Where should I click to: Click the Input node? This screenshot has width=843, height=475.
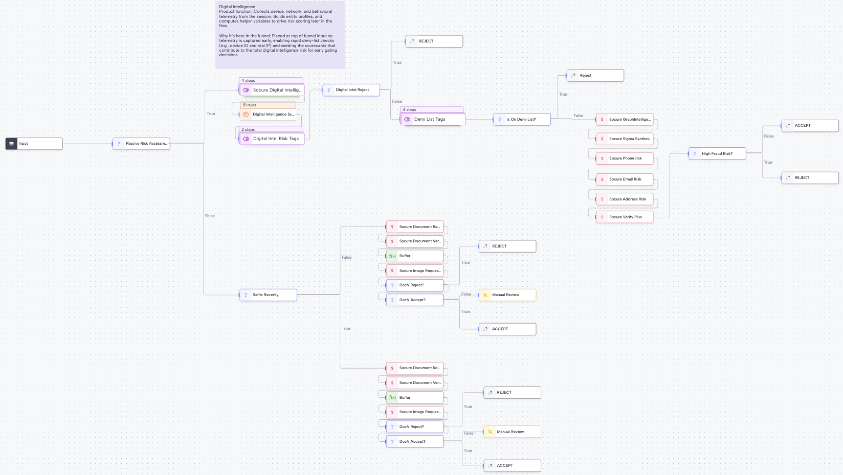click(x=34, y=144)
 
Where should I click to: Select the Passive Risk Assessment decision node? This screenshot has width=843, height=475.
click(x=142, y=144)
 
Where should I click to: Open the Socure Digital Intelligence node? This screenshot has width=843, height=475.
click(x=272, y=90)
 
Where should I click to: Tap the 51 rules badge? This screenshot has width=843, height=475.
click(x=268, y=105)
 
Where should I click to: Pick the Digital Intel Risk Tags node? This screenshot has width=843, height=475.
click(x=272, y=139)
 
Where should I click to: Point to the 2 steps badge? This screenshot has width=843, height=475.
click(x=270, y=129)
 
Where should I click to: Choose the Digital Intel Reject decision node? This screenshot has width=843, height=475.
click(x=351, y=90)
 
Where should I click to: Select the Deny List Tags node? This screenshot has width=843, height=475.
click(x=433, y=119)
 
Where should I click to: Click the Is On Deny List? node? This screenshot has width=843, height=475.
click(x=522, y=120)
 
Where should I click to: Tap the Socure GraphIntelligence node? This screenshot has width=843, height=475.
click(x=625, y=120)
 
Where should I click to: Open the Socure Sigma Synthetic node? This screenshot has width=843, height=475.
click(x=625, y=139)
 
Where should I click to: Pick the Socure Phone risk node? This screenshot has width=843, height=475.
click(x=625, y=159)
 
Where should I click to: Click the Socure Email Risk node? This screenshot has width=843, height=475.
click(x=625, y=179)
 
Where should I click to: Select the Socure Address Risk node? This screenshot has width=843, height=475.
click(x=625, y=199)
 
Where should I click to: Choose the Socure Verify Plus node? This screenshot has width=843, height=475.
click(x=625, y=217)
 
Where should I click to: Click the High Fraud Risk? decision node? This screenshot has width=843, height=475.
click(x=717, y=154)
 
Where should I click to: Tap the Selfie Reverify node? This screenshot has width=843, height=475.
click(x=269, y=295)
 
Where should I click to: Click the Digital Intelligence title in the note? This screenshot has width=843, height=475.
click(x=237, y=7)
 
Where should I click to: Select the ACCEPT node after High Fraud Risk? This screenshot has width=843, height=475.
click(x=810, y=126)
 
